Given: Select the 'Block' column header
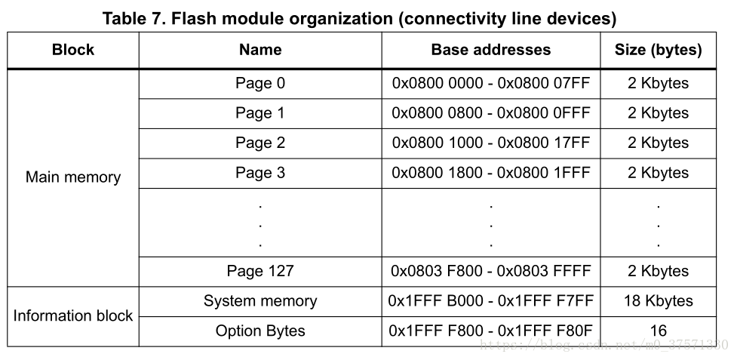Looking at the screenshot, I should [x=73, y=50].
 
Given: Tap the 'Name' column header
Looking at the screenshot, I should [x=260, y=50].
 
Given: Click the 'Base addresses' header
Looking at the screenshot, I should [x=491, y=50].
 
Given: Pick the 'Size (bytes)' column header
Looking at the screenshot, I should [x=659, y=50].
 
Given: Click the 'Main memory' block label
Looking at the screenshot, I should [x=73, y=177].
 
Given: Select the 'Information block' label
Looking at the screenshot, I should [x=73, y=315].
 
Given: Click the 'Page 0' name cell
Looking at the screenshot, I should [x=260, y=83].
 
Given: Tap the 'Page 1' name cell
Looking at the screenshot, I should [x=260, y=113].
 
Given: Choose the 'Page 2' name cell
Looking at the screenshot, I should [x=260, y=143].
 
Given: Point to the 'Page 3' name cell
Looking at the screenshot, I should [x=260, y=173].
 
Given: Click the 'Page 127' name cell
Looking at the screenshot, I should [x=260, y=271].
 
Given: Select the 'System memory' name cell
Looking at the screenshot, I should [x=260, y=300].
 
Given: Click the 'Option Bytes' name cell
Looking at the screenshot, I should [x=260, y=331].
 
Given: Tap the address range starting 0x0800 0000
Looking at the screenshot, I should [x=491, y=83].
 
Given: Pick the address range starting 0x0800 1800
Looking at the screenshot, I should [x=491, y=173].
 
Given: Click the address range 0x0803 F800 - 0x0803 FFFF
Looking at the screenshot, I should [x=491, y=271].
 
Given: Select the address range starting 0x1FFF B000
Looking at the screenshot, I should [x=491, y=300].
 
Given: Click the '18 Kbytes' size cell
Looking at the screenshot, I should [x=659, y=300].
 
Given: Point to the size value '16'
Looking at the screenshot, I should [x=659, y=331].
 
